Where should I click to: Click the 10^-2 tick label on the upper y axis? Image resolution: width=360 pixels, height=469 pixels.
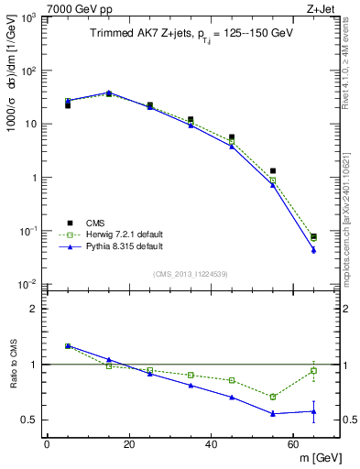coord(27,284)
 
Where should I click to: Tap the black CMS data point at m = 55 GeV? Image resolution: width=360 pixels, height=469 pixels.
coord(273,170)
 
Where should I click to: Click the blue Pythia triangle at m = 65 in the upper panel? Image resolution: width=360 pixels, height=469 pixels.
coord(314,250)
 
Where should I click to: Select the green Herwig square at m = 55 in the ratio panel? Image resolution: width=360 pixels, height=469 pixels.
coord(273,397)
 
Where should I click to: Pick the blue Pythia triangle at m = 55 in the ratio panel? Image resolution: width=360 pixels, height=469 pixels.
coord(273,413)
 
